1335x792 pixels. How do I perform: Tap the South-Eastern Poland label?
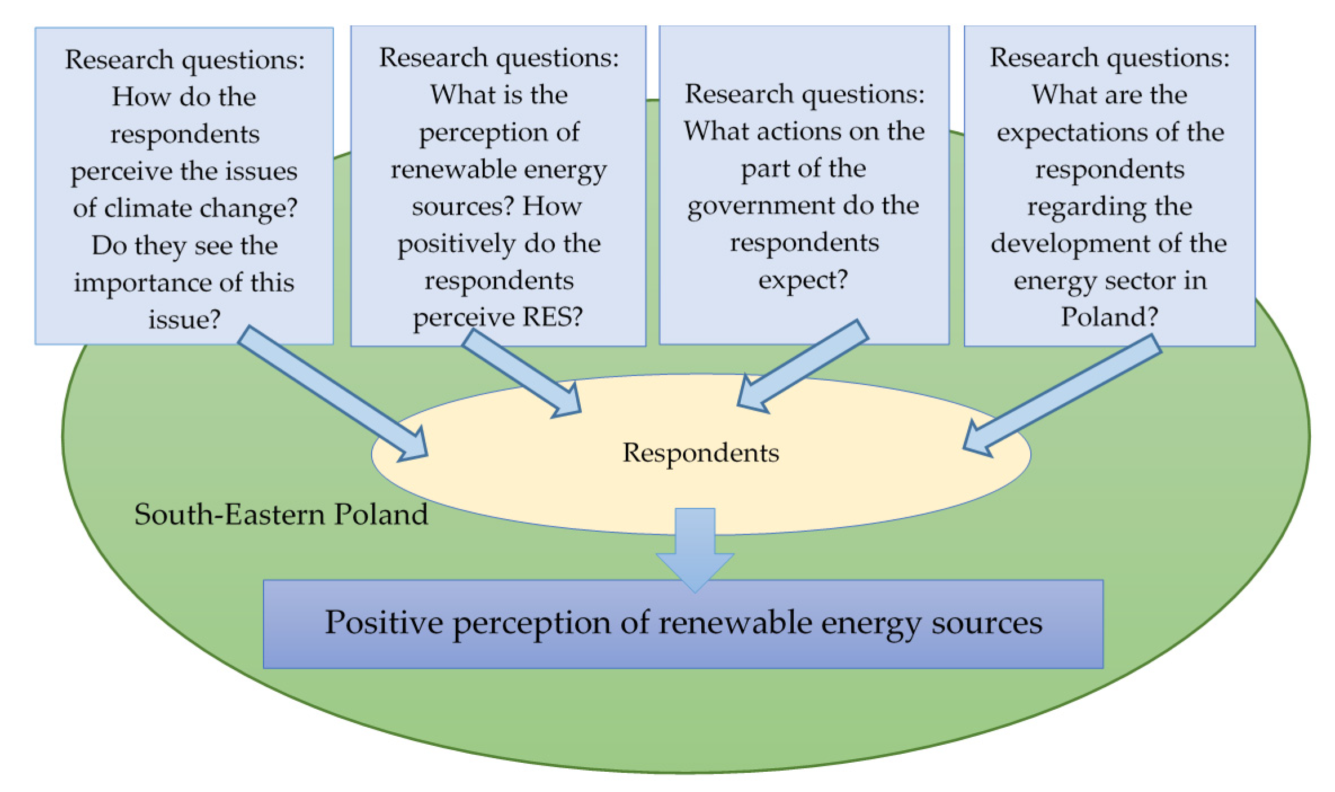click(281, 514)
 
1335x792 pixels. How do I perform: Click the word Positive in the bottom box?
click(384, 623)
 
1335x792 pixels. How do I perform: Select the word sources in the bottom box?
click(986, 623)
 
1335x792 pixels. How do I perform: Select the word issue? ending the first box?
click(184, 320)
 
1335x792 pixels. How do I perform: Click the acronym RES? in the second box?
click(553, 317)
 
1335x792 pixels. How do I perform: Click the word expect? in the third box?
click(803, 280)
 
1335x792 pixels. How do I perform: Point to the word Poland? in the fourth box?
click(1109, 317)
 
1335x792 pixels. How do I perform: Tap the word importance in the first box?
click(143, 283)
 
